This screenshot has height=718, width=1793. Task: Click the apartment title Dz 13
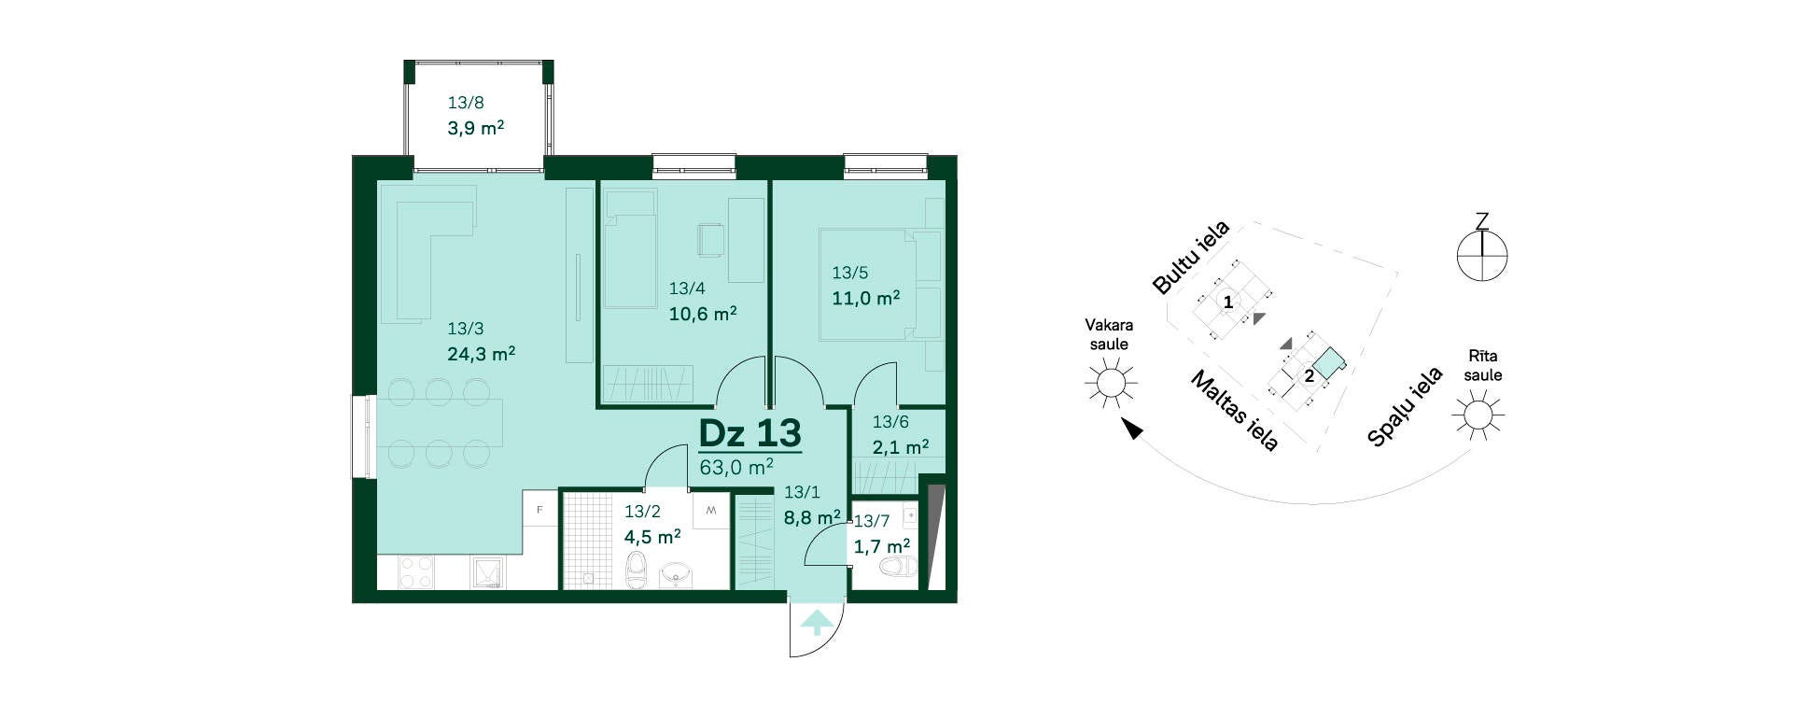click(x=750, y=433)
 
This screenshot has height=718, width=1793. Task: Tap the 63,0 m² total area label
click(x=736, y=466)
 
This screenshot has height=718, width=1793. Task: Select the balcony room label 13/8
click(x=466, y=103)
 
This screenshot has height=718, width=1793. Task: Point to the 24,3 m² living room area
click(x=482, y=354)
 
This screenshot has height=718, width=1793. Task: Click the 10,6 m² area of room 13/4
click(x=703, y=314)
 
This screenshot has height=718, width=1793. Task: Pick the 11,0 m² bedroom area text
click(x=866, y=298)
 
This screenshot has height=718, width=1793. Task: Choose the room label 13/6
click(x=890, y=422)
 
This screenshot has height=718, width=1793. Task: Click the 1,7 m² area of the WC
click(x=882, y=546)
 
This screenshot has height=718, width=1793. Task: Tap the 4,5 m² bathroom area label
click(x=652, y=537)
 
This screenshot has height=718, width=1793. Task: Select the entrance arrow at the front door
click(x=817, y=622)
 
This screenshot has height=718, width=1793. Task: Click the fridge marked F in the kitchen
click(x=539, y=509)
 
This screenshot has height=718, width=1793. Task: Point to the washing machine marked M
click(x=711, y=510)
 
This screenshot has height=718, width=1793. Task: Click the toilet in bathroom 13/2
click(x=636, y=570)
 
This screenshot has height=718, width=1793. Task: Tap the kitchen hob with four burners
click(x=416, y=572)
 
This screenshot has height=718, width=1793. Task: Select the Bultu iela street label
click(x=1192, y=257)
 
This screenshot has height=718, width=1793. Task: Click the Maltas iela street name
click(x=1234, y=410)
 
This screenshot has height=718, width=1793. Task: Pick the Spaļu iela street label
click(x=1405, y=406)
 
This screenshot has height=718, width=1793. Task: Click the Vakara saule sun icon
click(x=1111, y=383)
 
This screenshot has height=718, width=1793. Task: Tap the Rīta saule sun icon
click(x=1478, y=414)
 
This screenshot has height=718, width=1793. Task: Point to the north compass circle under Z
click(x=1482, y=255)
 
